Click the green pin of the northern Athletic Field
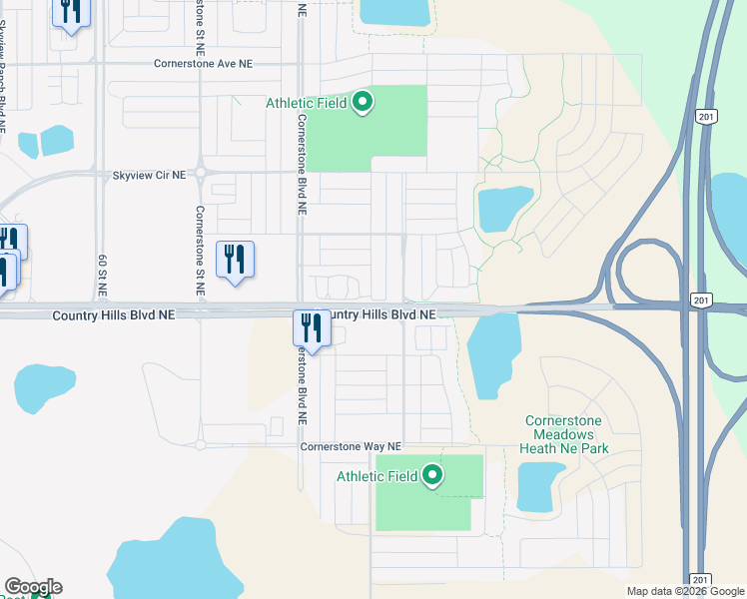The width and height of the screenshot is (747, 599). point(364,102)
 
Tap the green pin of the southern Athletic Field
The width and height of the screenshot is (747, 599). point(432,476)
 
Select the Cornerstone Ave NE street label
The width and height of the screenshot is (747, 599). point(204,63)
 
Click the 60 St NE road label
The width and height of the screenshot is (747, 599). point(102,274)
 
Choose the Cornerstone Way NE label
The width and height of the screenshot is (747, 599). point(351,447)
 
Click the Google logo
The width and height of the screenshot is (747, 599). point(33,587)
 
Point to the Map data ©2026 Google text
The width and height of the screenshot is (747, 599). point(685,591)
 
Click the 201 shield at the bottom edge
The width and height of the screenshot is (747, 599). point(700,580)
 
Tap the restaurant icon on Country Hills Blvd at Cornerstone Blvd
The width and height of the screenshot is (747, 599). point(312,328)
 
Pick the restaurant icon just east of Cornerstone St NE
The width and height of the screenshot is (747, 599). point(235,260)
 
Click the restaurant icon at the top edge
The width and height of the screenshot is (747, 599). point(71,13)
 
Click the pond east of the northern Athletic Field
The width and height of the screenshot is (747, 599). point(505,208)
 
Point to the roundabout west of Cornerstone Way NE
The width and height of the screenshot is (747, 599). point(201,440)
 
